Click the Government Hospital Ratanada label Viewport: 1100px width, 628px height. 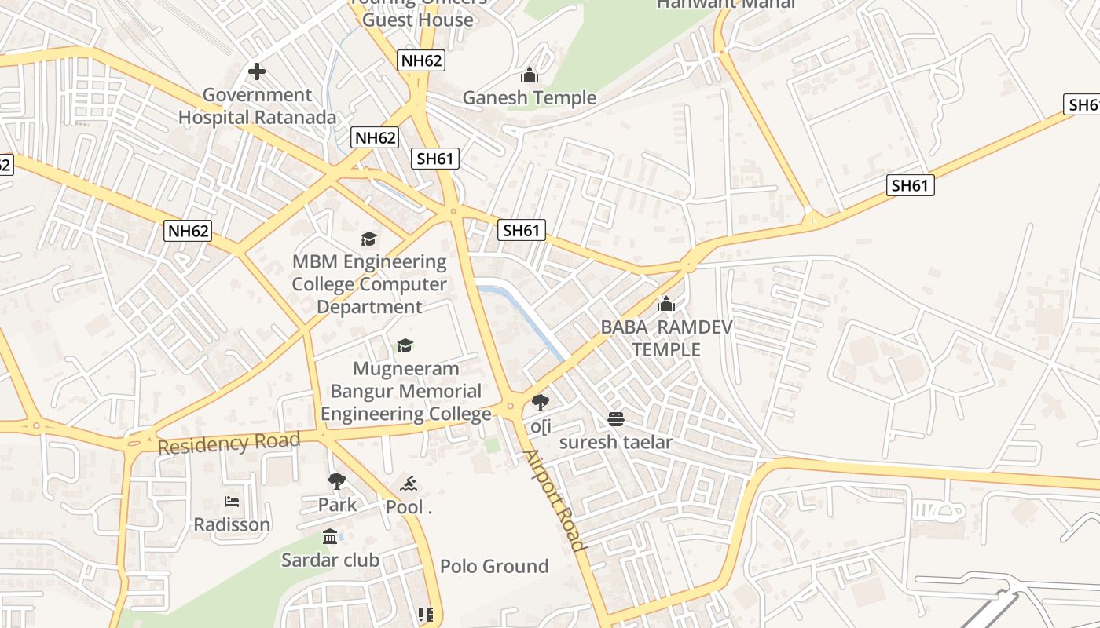click(x=257, y=107)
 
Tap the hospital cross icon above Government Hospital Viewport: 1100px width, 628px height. click(x=257, y=72)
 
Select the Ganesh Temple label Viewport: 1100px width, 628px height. click(x=530, y=98)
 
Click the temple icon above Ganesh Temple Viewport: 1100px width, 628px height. click(x=530, y=75)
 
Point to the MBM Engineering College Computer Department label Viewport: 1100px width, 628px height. click(x=369, y=284)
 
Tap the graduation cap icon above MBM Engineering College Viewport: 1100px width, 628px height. click(x=369, y=239)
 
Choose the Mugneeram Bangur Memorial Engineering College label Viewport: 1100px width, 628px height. click(x=406, y=391)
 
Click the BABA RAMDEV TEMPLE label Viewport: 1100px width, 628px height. click(x=666, y=338)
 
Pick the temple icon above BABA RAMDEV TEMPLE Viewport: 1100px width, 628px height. click(x=666, y=304)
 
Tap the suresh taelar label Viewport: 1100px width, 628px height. click(x=616, y=442)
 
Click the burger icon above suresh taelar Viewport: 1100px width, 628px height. click(x=616, y=419)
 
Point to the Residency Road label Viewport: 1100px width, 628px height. click(x=229, y=444)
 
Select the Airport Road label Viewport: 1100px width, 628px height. click(x=555, y=501)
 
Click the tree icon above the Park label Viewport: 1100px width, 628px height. click(x=337, y=481)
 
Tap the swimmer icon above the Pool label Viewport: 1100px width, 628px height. click(x=409, y=484)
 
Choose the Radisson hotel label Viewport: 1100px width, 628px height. click(x=232, y=524)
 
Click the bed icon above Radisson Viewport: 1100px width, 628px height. click(x=232, y=501)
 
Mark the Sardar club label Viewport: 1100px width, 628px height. click(x=330, y=560)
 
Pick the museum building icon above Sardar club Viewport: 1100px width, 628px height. click(x=330, y=537)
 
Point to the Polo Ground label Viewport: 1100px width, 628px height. click(x=494, y=566)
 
